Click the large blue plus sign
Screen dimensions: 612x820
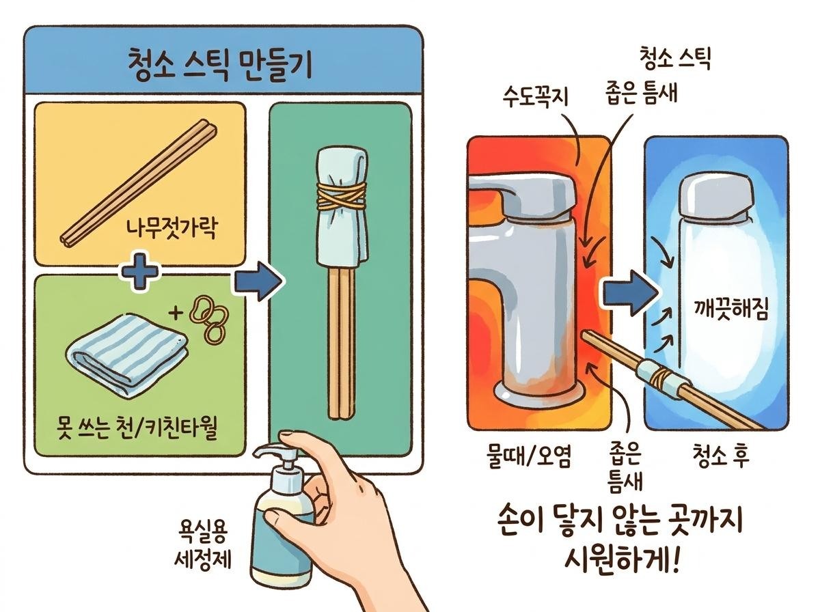point(139,275)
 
